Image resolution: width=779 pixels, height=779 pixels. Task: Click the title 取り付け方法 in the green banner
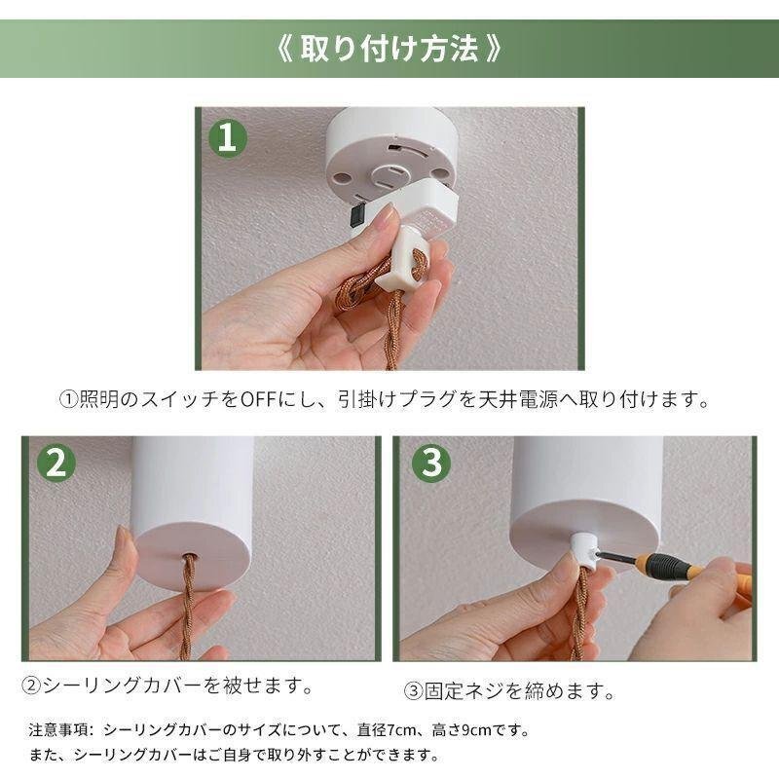pos(389,49)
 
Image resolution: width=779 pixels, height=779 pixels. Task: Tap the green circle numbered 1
pos(227,138)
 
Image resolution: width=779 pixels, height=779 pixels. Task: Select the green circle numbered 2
pos(56,464)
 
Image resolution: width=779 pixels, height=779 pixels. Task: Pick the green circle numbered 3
pos(431,464)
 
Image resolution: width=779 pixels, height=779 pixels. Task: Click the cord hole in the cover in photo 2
pos(189,557)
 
